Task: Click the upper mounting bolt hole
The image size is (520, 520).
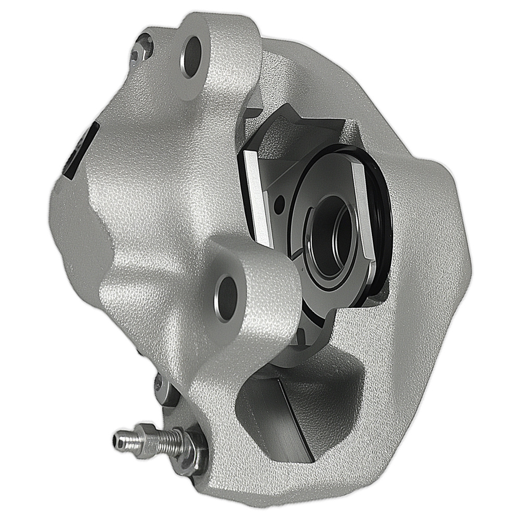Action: (192, 56)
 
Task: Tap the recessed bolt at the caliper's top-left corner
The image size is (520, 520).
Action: (142, 48)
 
